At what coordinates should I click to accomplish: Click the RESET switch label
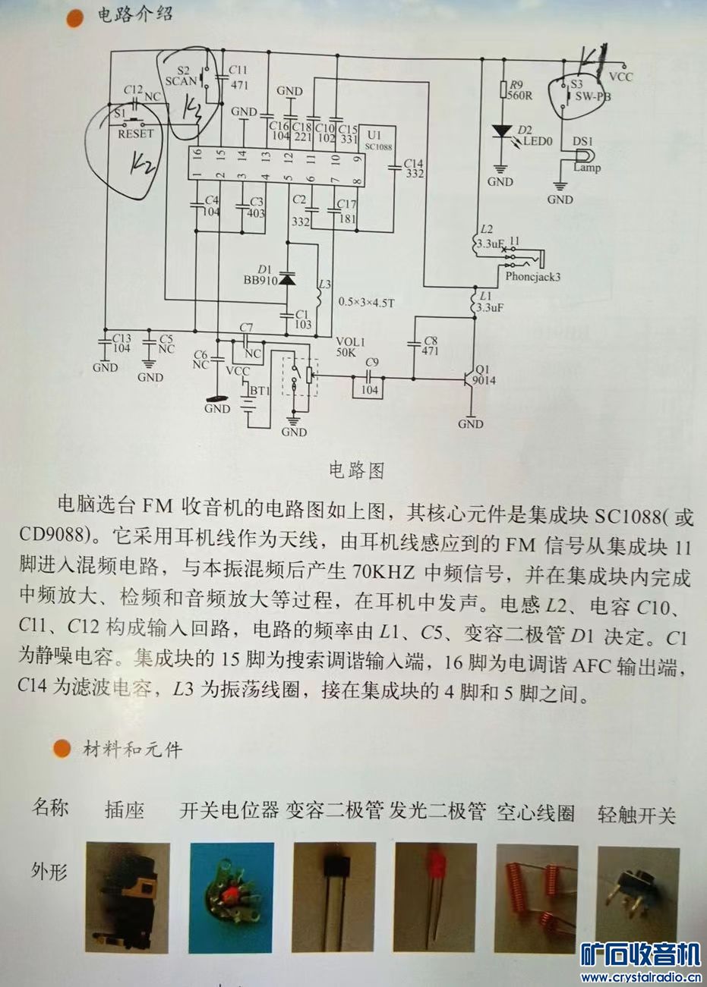tap(136, 134)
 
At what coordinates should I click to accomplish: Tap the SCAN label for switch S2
tap(181, 81)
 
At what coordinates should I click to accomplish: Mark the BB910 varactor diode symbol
tap(286, 278)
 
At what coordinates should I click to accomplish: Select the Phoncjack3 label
tap(532, 277)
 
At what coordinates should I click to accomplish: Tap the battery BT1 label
tap(260, 391)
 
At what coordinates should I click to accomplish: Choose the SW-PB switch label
tap(592, 97)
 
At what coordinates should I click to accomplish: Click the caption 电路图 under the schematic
tap(356, 470)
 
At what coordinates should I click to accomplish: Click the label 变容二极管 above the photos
tap(334, 813)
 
